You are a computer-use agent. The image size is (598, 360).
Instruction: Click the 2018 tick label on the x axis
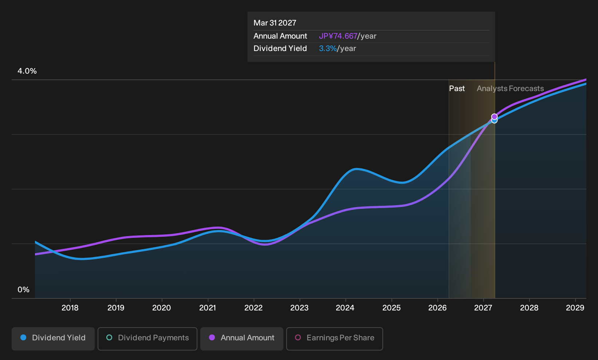(x=70, y=308)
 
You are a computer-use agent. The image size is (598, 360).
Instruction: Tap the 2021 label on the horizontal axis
(x=208, y=308)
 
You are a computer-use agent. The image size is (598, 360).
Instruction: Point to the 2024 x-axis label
(x=345, y=308)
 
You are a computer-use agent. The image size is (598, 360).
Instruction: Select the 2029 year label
(x=575, y=308)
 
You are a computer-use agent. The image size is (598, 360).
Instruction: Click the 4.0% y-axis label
(x=27, y=71)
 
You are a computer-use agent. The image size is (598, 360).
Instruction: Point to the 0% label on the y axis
(x=24, y=290)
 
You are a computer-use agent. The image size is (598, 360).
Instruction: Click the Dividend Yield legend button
(x=53, y=339)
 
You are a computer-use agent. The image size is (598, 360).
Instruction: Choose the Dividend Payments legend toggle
(x=147, y=339)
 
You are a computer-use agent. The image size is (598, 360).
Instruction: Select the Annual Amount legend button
(x=241, y=339)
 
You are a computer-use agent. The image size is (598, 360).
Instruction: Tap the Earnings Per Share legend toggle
(x=334, y=339)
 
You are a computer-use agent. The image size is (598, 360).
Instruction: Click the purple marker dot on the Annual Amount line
(x=495, y=117)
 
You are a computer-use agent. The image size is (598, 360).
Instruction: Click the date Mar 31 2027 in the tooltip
(x=275, y=23)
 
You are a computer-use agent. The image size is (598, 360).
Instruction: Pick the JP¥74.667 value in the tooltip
(x=338, y=36)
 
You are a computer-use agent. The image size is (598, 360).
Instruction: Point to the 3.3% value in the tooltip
(x=328, y=48)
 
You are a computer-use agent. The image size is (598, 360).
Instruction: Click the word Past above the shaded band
(x=457, y=89)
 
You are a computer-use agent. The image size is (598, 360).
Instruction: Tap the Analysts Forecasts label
(x=510, y=89)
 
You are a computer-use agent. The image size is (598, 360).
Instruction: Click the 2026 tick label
(x=437, y=308)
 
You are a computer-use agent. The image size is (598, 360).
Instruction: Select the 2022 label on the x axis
(x=253, y=308)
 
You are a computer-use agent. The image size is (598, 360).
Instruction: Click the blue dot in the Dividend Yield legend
(x=24, y=337)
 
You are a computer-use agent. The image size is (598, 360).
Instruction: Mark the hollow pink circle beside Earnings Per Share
(x=298, y=337)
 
